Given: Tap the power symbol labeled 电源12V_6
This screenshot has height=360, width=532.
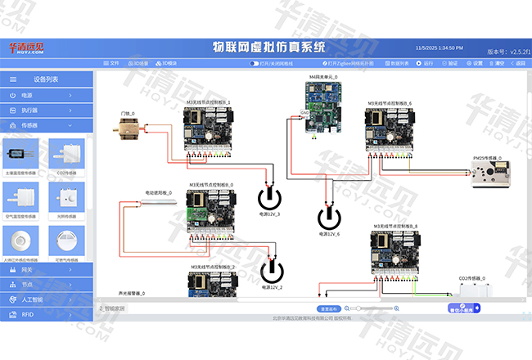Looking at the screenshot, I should tap(330, 218).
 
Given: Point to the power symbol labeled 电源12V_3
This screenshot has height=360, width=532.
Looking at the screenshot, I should tap(268, 198).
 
